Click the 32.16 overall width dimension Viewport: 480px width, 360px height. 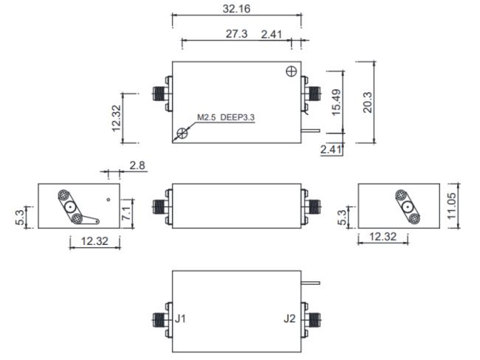point(236,9)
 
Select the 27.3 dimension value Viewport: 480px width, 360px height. point(236,34)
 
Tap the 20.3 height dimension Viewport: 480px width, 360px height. point(367,103)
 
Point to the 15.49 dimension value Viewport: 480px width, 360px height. point(336,102)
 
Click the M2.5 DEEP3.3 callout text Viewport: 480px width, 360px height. point(226,117)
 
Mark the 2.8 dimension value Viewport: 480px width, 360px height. point(137,165)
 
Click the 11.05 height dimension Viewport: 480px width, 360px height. point(451,206)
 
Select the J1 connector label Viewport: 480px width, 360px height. point(180,319)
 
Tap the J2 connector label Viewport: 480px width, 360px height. point(289,319)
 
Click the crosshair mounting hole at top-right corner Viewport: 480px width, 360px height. point(291,72)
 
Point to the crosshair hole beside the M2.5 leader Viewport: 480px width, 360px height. point(182,133)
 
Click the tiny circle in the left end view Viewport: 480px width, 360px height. point(109,200)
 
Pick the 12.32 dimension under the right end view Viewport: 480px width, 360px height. point(383,236)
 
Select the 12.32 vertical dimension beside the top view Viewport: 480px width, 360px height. point(117,118)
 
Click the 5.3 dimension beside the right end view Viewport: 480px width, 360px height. point(342,217)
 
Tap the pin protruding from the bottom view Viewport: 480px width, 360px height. point(311,283)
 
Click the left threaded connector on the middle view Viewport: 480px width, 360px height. point(159,206)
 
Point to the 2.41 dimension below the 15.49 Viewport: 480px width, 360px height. point(331,150)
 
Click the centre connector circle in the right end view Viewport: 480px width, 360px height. point(408,207)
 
